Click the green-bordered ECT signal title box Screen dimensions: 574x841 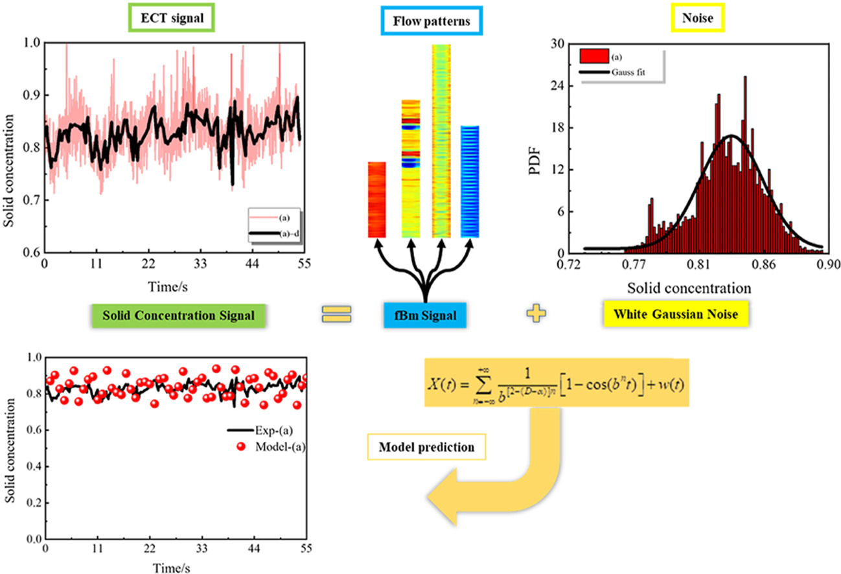(x=177, y=19)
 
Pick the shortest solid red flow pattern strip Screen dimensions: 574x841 (x=377, y=200)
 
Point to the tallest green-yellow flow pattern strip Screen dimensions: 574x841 (x=441, y=141)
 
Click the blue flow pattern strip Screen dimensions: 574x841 (x=470, y=181)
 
